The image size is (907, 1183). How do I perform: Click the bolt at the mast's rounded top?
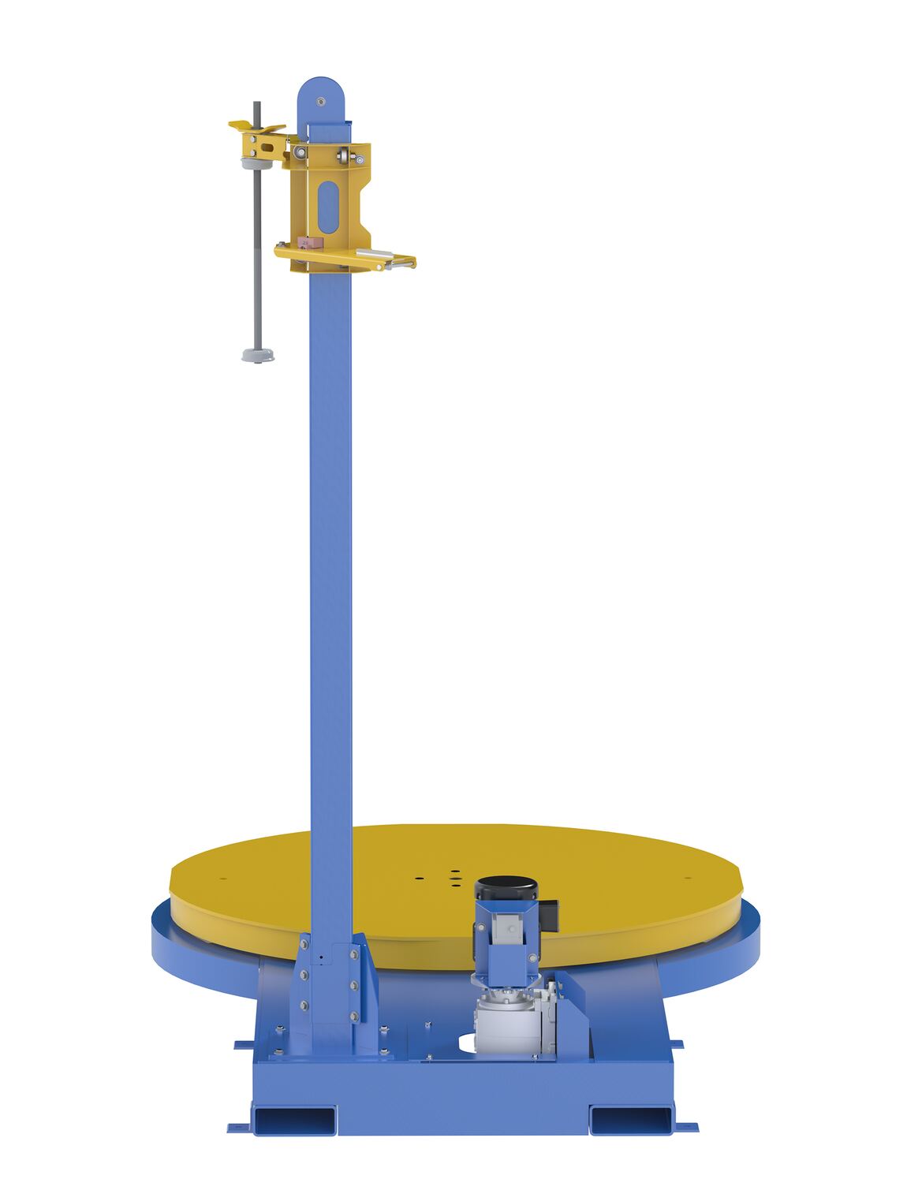(320, 100)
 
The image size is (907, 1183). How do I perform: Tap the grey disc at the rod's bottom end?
(258, 354)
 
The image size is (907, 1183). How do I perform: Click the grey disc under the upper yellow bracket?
(250, 162)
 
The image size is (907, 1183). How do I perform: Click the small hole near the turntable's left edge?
(223, 876)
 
